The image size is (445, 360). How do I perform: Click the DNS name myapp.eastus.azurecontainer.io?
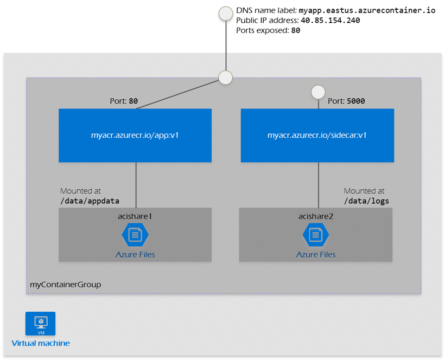point(367,10)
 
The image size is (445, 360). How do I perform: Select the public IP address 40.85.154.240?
point(329,21)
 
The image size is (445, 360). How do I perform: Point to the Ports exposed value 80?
point(296,31)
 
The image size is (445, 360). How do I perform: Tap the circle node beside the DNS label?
point(225,14)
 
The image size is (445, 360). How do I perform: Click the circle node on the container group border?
point(225,78)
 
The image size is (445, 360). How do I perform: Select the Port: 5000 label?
point(346,101)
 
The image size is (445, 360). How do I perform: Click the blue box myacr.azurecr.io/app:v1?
point(135,136)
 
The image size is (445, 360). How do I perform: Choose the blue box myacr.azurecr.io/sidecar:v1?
point(317,136)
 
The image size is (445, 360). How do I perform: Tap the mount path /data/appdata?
point(90,201)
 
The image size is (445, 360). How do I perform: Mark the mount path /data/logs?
point(366,201)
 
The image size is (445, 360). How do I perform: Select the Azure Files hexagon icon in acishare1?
point(135,235)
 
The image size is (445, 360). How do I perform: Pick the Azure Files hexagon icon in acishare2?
point(316,235)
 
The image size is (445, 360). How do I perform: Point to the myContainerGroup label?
point(66,284)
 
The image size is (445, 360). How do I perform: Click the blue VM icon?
point(40,324)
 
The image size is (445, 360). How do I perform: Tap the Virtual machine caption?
point(41,343)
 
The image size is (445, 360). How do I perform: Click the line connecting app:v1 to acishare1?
point(136,184)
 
